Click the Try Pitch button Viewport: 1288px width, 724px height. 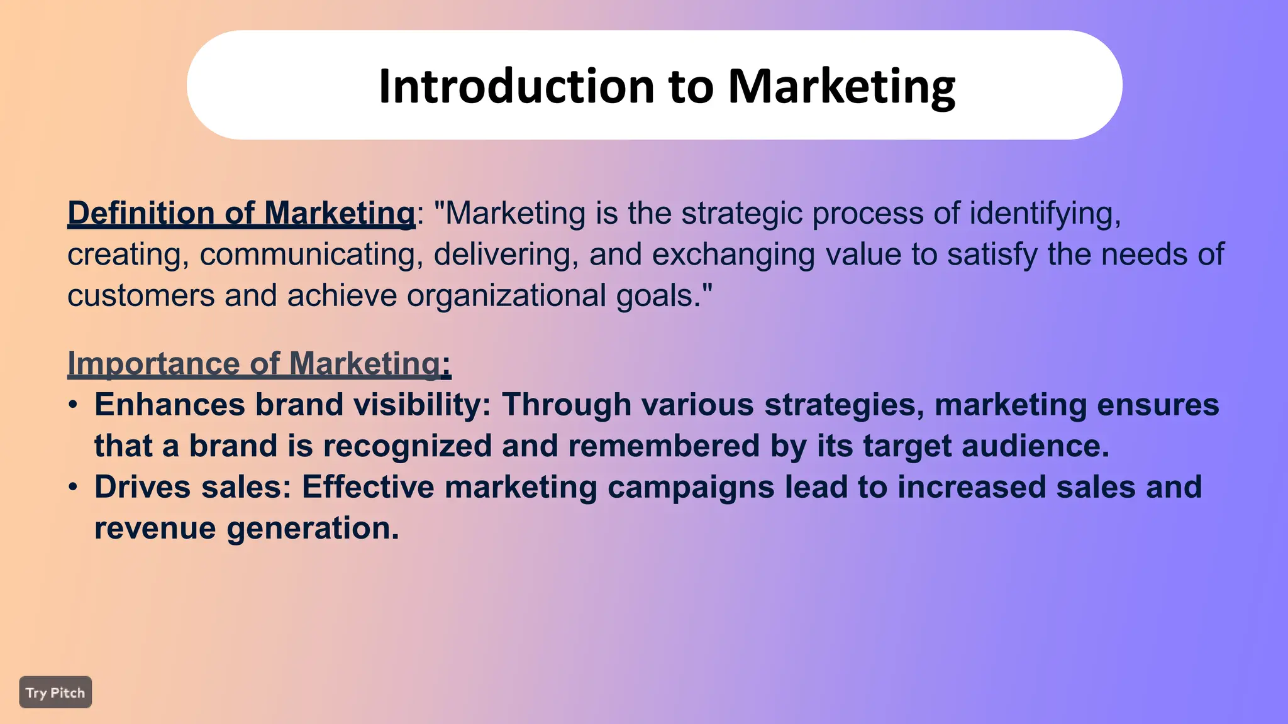55,693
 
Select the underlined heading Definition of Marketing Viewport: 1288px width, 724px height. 241,213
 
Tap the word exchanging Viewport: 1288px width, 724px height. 733,255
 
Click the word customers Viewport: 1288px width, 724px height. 141,295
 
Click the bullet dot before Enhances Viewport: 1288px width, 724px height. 74,405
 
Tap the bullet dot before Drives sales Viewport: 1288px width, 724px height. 74,487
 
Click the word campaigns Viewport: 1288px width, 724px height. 691,488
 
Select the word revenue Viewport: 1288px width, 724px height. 155,529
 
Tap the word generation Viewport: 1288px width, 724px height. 313,529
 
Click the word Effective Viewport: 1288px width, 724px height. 368,487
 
